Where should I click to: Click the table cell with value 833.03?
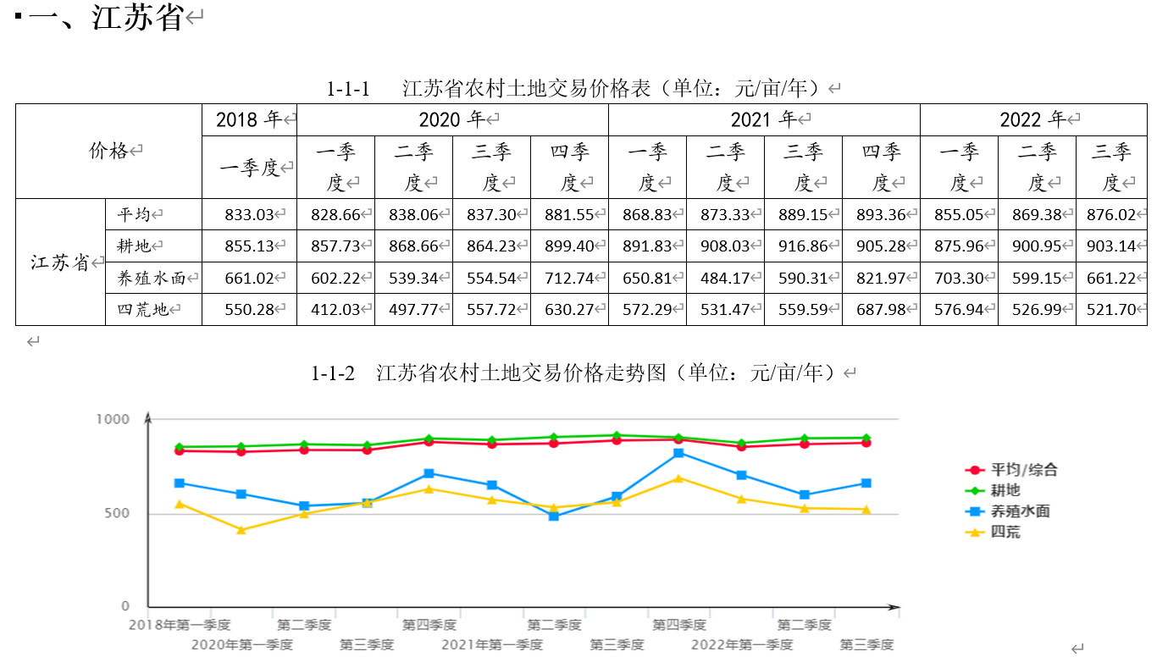click(x=250, y=215)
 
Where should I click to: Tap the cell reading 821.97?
click(x=880, y=278)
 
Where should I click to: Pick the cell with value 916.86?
click(x=802, y=246)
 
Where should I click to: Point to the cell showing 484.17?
click(x=724, y=278)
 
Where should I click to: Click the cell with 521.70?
click(x=1110, y=310)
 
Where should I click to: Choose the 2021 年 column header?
click(x=763, y=120)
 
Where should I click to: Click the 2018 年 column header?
click(x=250, y=120)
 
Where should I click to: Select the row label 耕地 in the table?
click(x=135, y=246)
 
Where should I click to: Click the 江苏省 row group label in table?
click(x=60, y=262)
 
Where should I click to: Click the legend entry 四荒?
click(x=1005, y=533)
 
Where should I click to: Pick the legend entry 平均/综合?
click(x=1023, y=470)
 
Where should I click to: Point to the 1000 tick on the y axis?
click(x=113, y=420)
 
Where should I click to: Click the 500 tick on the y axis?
click(x=118, y=514)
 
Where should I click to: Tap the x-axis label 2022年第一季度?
click(x=741, y=645)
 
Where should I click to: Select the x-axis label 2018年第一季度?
click(x=180, y=626)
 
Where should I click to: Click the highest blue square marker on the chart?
click(x=678, y=453)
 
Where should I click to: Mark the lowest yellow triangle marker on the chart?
click(x=241, y=530)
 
